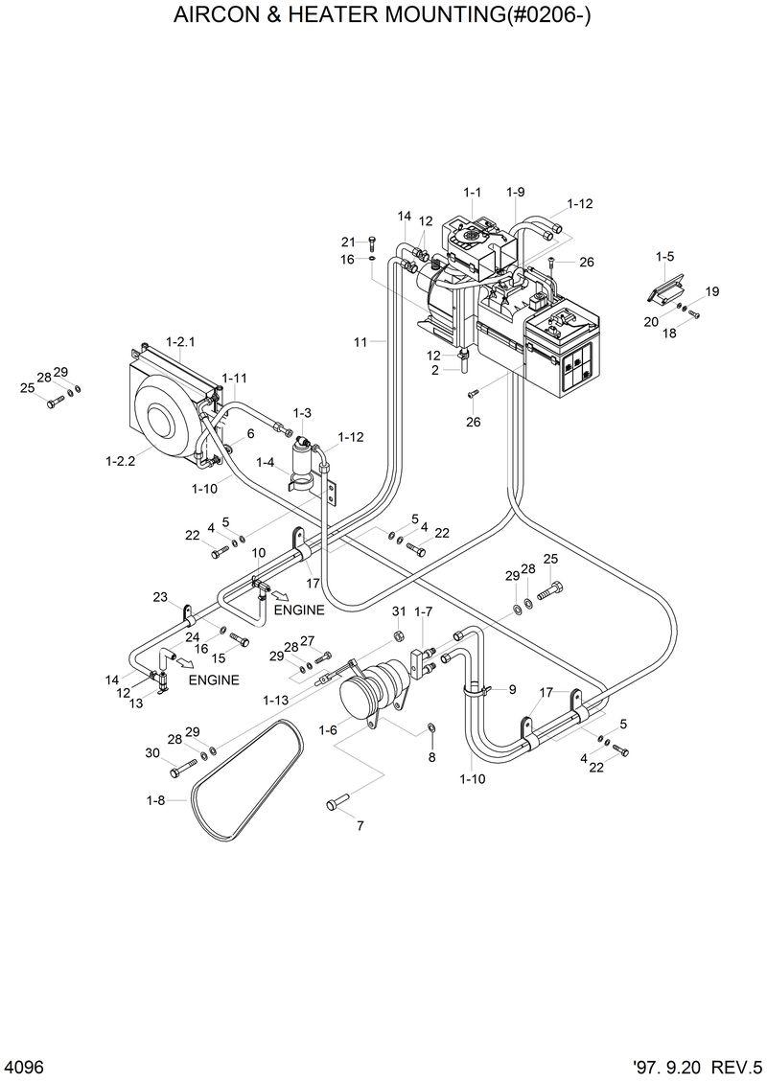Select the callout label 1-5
(664, 256)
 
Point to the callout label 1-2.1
(180, 341)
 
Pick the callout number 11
(360, 341)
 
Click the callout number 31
(399, 611)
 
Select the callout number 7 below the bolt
(360, 825)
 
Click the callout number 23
(160, 596)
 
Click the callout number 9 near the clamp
(511, 689)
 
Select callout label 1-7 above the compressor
(423, 611)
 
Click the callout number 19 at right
(711, 291)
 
